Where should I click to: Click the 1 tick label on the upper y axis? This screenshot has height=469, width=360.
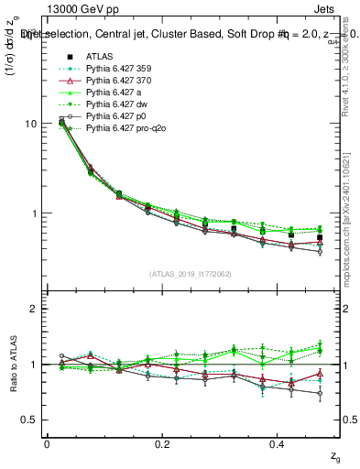tap(33, 213)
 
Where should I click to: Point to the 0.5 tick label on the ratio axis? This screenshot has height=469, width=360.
tap(29, 420)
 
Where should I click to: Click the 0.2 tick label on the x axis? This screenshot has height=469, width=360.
tap(162, 444)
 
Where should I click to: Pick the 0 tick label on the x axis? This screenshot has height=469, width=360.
tap(47, 444)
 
